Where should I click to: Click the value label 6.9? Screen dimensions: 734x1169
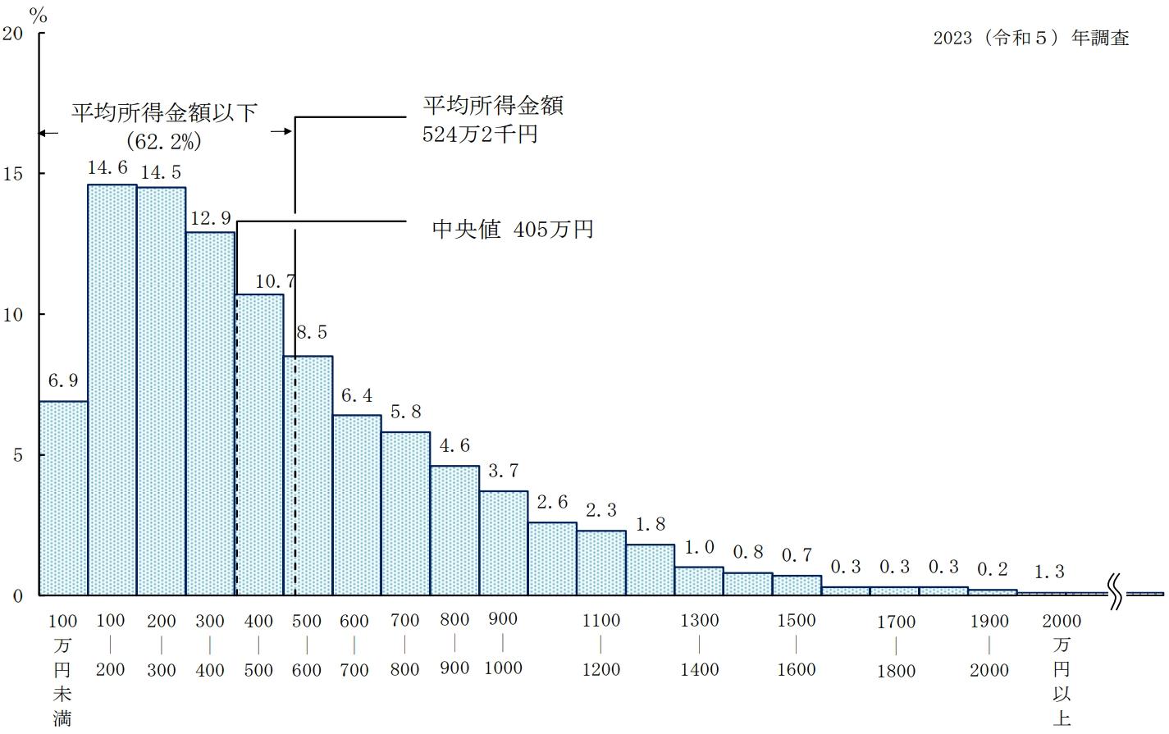62,381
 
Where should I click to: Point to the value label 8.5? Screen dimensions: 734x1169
311,332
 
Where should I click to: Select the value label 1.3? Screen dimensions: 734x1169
1049,572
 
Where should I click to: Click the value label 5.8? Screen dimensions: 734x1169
406,412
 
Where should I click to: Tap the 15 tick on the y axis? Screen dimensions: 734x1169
17,174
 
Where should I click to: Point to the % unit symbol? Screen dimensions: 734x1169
39,16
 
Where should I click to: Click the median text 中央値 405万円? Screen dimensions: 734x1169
512,229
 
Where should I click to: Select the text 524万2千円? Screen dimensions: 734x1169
480,134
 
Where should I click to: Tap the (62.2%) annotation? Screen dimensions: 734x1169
164,141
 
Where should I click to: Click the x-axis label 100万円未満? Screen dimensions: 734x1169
62,668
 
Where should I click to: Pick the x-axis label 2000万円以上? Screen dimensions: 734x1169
1062,668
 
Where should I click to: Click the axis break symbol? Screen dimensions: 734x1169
1116,593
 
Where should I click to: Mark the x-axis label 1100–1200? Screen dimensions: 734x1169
601,645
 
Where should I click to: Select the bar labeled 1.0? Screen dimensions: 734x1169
699,581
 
